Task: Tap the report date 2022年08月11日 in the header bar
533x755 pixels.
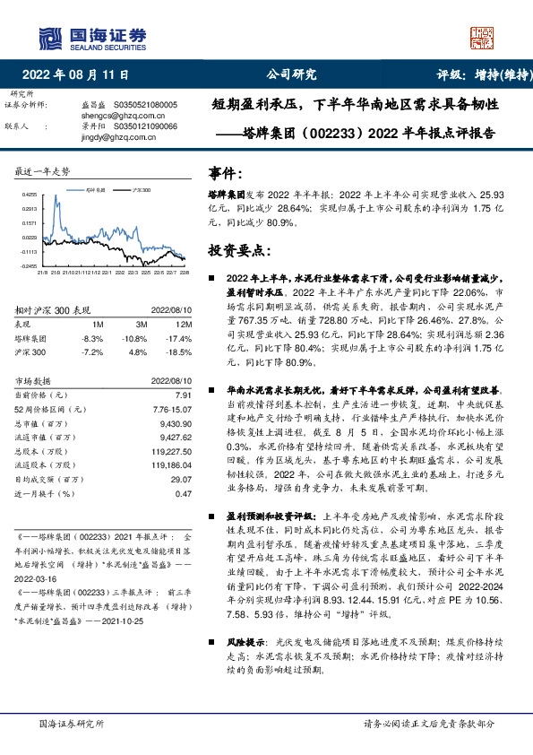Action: tap(75, 75)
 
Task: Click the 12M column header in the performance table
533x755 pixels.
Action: tap(184, 323)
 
